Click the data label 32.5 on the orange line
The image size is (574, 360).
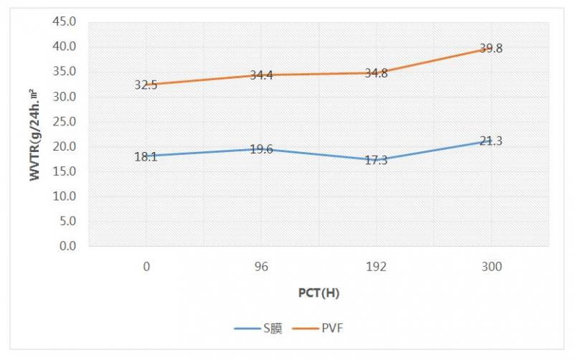click(x=146, y=85)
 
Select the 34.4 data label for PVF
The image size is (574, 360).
click(x=261, y=75)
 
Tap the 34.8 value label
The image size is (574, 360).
click(x=376, y=73)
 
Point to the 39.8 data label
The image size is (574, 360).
click(x=491, y=49)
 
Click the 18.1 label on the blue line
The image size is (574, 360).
click(x=146, y=156)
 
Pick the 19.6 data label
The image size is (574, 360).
click(x=261, y=149)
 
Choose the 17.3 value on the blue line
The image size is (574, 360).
click(x=376, y=160)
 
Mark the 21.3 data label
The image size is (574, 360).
click(x=491, y=141)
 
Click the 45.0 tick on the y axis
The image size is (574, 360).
click(x=65, y=22)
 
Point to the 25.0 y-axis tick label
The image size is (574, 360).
click(x=65, y=121)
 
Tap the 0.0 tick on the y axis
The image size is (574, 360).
click(x=67, y=246)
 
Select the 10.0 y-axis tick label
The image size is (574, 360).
click(x=65, y=196)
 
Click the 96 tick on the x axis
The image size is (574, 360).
click(x=261, y=267)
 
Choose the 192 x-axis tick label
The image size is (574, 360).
click(x=376, y=267)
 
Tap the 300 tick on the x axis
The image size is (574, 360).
click(x=491, y=267)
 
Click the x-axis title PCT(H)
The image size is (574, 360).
click(x=319, y=293)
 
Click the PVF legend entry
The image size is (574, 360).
click(x=337, y=328)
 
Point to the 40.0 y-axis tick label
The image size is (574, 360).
click(x=65, y=47)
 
